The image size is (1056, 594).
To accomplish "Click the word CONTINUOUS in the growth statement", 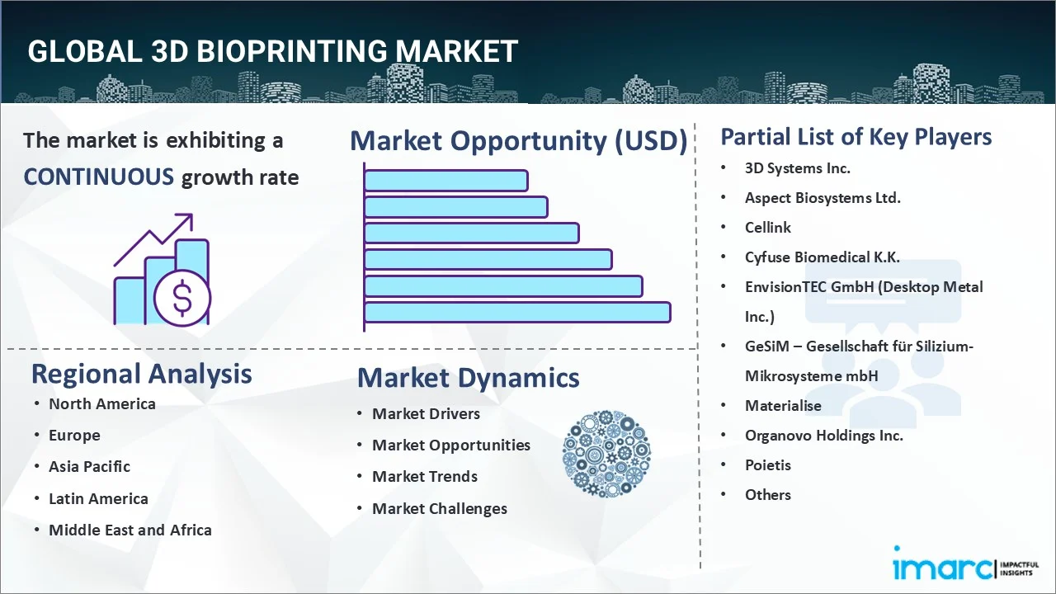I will pyautogui.click(x=98, y=177).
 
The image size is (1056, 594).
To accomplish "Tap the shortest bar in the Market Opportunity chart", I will pyautogui.click(x=445, y=181).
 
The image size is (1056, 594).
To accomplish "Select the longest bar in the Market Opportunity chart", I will pyautogui.click(x=516, y=313).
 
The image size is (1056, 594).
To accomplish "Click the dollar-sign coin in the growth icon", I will pyautogui.click(x=182, y=298).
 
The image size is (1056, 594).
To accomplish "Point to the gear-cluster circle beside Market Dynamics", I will pyautogui.click(x=606, y=455).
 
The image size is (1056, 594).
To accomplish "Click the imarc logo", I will pyautogui.click(x=940, y=568).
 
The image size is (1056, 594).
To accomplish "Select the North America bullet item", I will pyautogui.click(x=101, y=403).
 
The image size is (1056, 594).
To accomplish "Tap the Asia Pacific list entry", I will pyautogui.click(x=89, y=466).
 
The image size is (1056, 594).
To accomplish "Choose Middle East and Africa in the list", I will pyautogui.click(x=130, y=530).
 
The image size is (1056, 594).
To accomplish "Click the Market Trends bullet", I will pyautogui.click(x=424, y=477).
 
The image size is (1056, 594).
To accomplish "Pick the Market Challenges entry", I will pyautogui.click(x=439, y=509).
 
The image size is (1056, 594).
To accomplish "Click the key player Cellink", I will pyautogui.click(x=767, y=228).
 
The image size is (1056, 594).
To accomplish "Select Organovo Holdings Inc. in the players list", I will pyautogui.click(x=823, y=436).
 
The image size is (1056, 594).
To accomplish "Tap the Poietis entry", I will pyautogui.click(x=767, y=465).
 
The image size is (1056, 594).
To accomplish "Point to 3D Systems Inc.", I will pyautogui.click(x=797, y=168).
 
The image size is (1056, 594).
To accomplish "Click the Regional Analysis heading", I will pyautogui.click(x=141, y=374).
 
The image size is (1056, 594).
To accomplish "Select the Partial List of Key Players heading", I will pyautogui.click(x=856, y=137).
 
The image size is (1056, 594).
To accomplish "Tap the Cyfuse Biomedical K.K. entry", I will pyautogui.click(x=822, y=257).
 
